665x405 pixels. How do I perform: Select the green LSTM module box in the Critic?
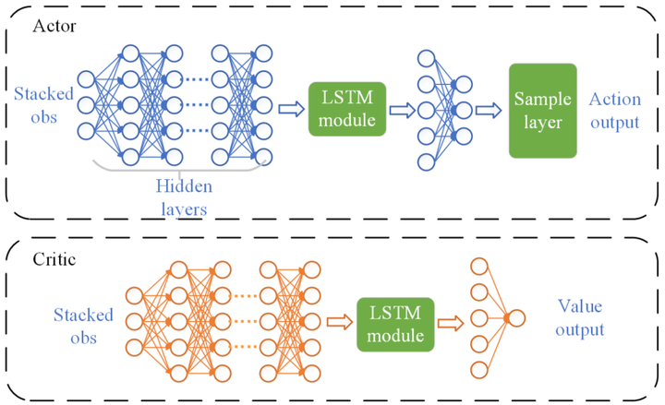pyautogui.click(x=394, y=322)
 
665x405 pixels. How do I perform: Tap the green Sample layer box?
pyautogui.click(x=543, y=111)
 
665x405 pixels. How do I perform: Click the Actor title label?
pyautogui.click(x=54, y=25)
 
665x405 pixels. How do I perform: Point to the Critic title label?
pyautogui.click(x=54, y=260)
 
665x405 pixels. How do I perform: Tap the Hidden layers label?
pyautogui.click(x=181, y=197)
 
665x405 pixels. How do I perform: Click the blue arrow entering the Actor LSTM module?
pyautogui.click(x=292, y=111)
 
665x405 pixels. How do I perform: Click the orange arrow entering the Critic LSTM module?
pyautogui.click(x=339, y=322)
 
